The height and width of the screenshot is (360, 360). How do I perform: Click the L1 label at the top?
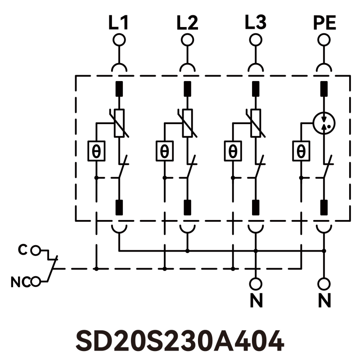(119, 22)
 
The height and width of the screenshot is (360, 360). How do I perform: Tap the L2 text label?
(187, 22)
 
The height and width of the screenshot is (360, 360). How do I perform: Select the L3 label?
(256, 22)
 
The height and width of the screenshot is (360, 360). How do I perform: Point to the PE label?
(324, 22)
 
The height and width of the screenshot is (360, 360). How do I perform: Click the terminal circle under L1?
(119, 40)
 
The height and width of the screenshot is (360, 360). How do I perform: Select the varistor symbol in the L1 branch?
(119, 123)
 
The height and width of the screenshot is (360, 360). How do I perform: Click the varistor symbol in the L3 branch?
(256, 123)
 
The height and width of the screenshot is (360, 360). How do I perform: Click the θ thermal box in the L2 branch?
(164, 151)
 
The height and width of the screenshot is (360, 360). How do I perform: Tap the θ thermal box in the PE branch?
(301, 151)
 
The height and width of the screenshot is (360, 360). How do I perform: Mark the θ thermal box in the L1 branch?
(96, 151)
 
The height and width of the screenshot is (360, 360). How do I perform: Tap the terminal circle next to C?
(37, 250)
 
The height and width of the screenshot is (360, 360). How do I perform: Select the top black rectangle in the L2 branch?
(188, 89)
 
